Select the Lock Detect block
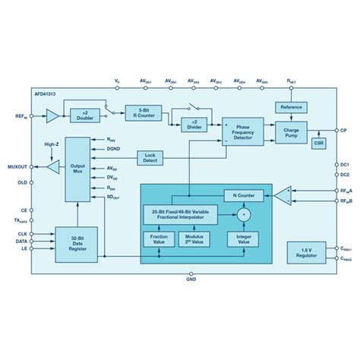(150, 157)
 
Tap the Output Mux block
(76, 169)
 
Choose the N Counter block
(244, 195)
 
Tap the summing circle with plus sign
(243, 216)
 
